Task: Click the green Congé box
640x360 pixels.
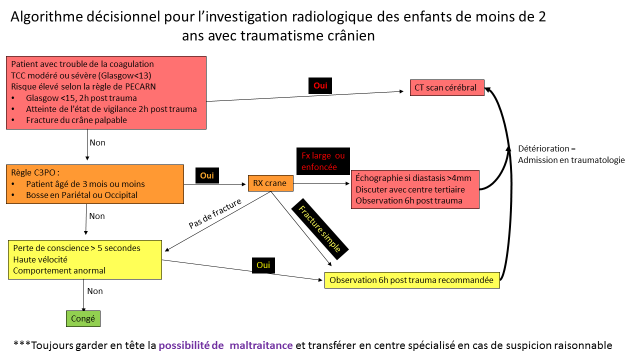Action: (83, 318)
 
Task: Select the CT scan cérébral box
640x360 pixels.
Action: (447, 87)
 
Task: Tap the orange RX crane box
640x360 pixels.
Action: (270, 183)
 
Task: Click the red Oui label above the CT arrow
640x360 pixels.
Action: (320, 85)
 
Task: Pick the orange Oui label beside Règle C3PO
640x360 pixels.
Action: (207, 175)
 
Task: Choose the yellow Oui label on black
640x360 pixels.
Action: (263, 265)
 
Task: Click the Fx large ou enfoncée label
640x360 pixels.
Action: (323, 161)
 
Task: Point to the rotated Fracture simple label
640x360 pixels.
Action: (319, 229)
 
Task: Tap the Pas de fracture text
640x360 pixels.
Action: (215, 213)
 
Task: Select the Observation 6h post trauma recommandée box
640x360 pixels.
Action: (412, 280)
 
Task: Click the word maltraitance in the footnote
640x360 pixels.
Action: (261, 345)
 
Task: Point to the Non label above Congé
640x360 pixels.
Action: (95, 291)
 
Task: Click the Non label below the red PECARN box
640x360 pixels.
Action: (97, 142)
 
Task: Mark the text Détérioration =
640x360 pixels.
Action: (547, 148)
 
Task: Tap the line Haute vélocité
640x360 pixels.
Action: (40, 259)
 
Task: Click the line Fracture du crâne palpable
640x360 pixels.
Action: (76, 120)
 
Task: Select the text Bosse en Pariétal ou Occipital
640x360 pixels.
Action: (81, 195)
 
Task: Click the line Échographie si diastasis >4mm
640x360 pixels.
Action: (413, 178)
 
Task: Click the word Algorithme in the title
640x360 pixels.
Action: (47, 17)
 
